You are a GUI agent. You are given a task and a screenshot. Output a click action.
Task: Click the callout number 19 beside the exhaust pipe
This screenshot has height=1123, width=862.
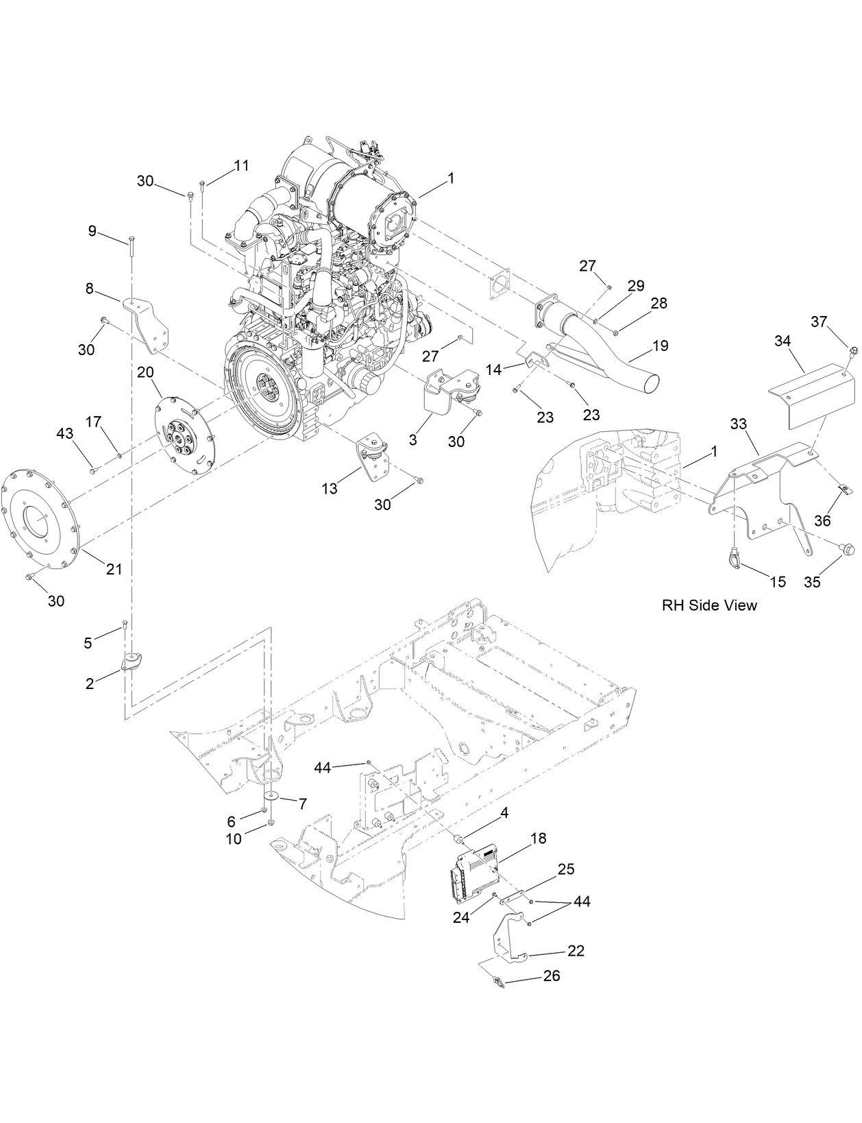[x=660, y=346]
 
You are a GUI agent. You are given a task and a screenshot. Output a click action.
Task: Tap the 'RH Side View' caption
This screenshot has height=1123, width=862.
[x=709, y=605]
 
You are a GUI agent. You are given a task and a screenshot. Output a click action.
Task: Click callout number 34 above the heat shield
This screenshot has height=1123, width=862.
[x=783, y=340]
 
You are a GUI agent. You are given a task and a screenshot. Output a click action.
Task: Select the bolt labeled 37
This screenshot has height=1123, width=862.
[x=852, y=352]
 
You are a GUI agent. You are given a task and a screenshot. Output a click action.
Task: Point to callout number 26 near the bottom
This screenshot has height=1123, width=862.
[x=552, y=976]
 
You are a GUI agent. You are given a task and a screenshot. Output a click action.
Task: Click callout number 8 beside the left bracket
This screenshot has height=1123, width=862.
[x=90, y=289]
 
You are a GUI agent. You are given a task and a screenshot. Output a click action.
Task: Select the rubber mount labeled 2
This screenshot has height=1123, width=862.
[x=132, y=662]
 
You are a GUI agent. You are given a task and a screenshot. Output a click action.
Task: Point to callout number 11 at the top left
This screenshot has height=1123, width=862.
[x=241, y=165]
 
